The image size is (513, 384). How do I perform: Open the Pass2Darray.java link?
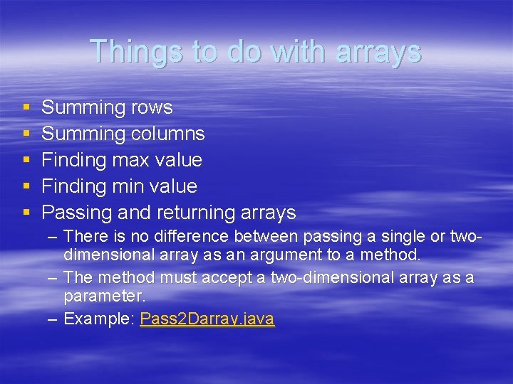[x=207, y=319]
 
